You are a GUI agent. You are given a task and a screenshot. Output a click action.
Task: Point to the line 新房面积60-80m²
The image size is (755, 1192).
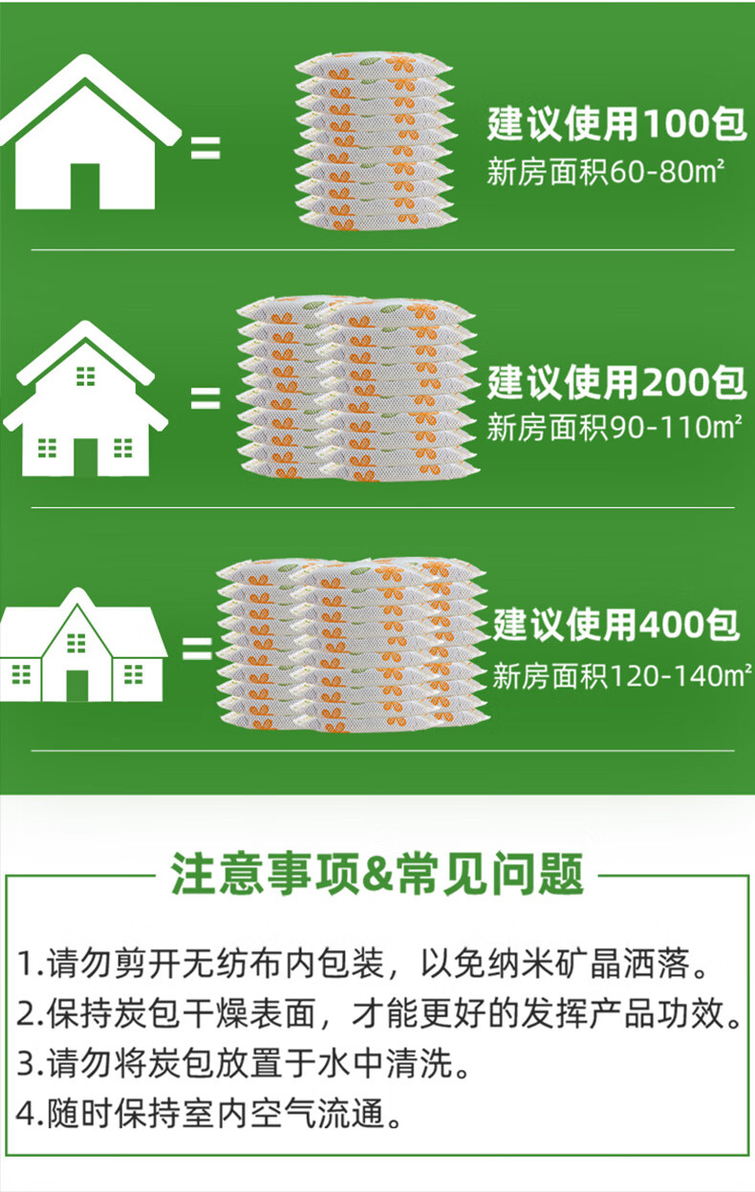605,173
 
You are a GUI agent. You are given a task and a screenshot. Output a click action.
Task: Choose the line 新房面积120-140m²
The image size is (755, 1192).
620,677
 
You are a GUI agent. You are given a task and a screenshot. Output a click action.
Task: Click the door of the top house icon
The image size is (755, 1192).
85,186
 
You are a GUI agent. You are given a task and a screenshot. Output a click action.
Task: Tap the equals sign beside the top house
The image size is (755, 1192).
205,148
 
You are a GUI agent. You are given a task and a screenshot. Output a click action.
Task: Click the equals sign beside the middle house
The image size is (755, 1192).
205,398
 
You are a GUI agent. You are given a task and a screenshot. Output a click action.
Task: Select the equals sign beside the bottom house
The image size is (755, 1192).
197,649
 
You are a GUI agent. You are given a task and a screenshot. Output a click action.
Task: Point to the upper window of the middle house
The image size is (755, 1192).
86,375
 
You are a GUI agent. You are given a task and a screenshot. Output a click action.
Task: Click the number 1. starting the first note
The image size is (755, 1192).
31,964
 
